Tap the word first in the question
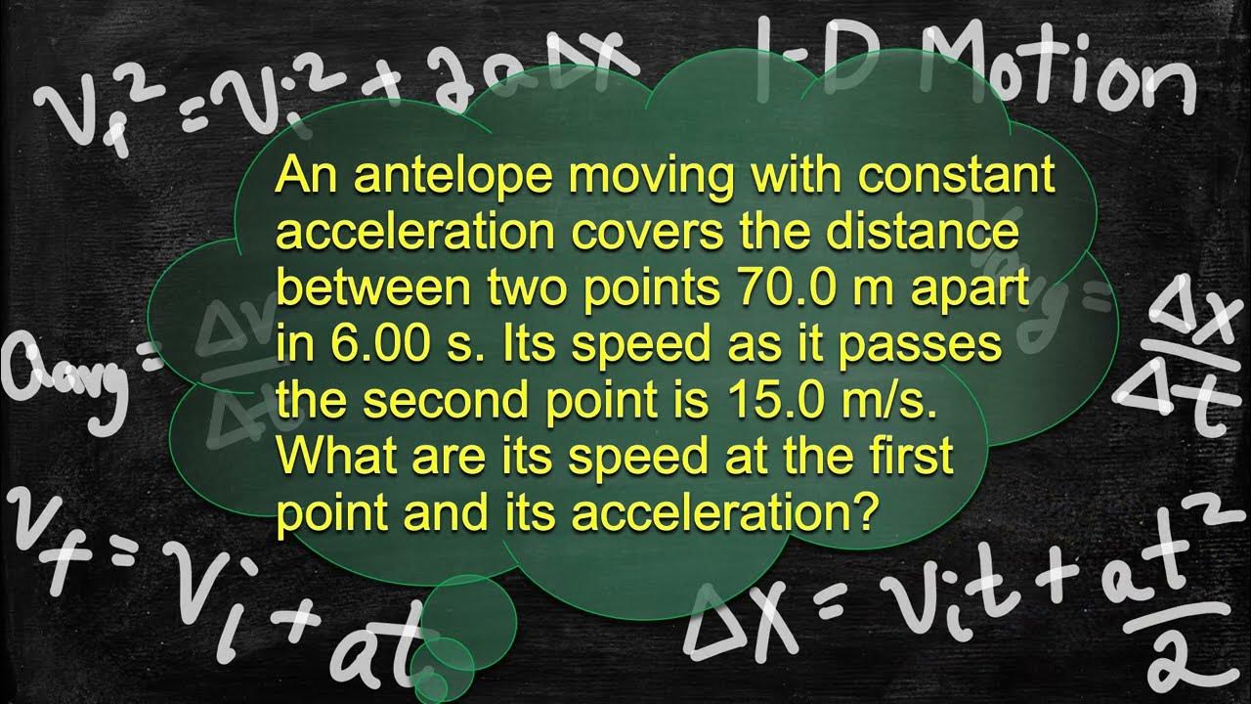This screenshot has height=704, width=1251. (908, 457)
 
